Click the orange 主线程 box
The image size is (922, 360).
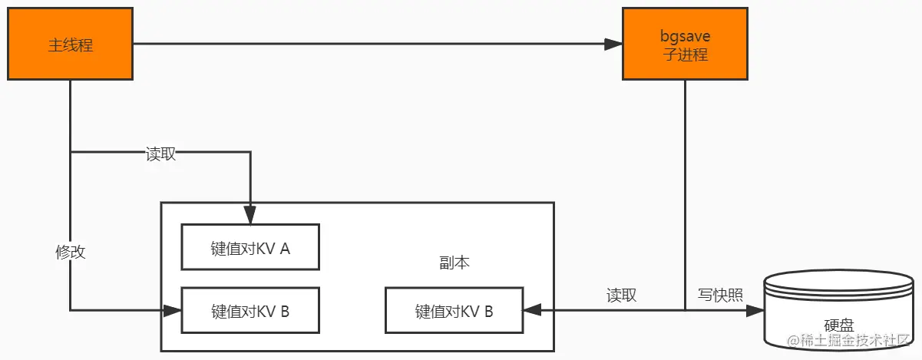click(x=70, y=44)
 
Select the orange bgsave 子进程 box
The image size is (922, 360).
click(x=684, y=44)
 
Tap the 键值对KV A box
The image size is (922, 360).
click(x=250, y=247)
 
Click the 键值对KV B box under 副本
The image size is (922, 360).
click(x=454, y=311)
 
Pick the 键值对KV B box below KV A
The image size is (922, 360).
click(x=250, y=311)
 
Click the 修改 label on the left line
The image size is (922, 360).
click(x=70, y=252)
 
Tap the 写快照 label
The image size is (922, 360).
click(x=719, y=295)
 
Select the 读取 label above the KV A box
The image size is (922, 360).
click(x=160, y=154)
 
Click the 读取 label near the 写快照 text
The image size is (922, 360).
click(x=621, y=295)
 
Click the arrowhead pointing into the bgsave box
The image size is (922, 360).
click(x=613, y=44)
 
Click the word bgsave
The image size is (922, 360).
click(x=684, y=37)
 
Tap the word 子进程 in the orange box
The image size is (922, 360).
click(x=684, y=54)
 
